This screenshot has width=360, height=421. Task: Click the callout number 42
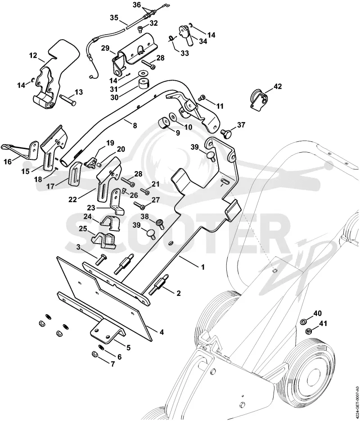pyautogui.click(x=278, y=87)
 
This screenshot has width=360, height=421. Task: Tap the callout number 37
pyautogui.click(x=241, y=125)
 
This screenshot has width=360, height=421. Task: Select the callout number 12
pyautogui.click(x=33, y=55)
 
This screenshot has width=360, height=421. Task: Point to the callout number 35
pyautogui.click(x=114, y=18)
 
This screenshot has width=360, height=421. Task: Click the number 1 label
pyautogui.click(x=203, y=267)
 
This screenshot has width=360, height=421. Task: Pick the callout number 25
pyautogui.click(x=83, y=229)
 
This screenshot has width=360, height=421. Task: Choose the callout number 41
pyautogui.click(x=323, y=324)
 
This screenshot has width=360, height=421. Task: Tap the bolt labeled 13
pyautogui.click(x=68, y=100)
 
